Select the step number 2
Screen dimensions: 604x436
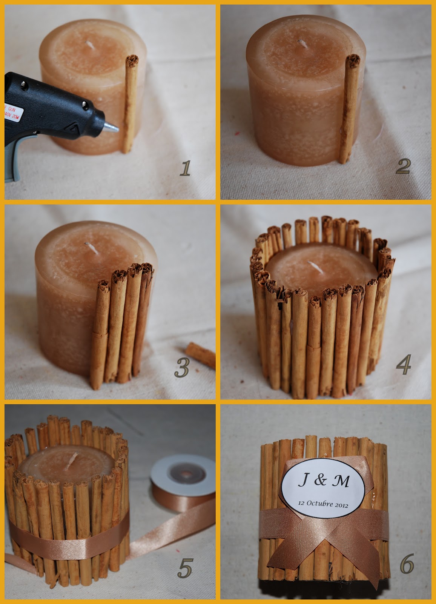tap(403, 166)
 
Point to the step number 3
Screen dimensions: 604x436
tap(182, 368)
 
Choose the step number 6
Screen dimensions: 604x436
tap(407, 565)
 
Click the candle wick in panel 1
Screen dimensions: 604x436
tap(91, 46)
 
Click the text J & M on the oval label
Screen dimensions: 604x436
tap(324, 481)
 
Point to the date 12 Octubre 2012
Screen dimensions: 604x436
tap(323, 504)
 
